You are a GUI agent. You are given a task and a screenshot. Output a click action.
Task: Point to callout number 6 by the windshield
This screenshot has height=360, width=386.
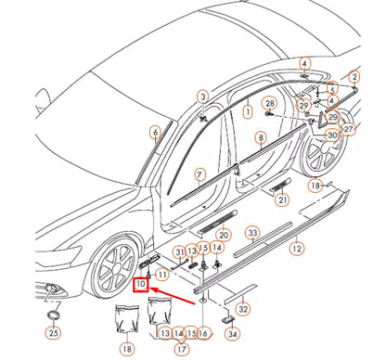click(155, 133)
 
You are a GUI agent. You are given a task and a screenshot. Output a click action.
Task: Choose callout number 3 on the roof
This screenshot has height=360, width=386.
click(202, 96)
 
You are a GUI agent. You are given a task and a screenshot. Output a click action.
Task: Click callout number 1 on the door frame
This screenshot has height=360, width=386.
click(248, 111)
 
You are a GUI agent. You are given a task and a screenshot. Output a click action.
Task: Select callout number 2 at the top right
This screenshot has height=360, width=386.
click(354, 75)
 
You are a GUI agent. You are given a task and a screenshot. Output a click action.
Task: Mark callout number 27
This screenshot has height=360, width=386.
click(348, 130)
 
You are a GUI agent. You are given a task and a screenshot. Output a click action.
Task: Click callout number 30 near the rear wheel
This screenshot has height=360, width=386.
click(332, 135)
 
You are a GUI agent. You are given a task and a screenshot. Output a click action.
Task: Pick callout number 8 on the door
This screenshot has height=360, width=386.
click(261, 138)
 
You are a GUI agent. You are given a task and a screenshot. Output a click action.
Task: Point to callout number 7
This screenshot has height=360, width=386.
click(199, 174)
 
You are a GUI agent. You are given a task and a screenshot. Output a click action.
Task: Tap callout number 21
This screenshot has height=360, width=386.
click(282, 199)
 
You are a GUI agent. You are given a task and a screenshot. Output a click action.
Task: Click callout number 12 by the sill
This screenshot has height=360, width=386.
click(296, 249)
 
